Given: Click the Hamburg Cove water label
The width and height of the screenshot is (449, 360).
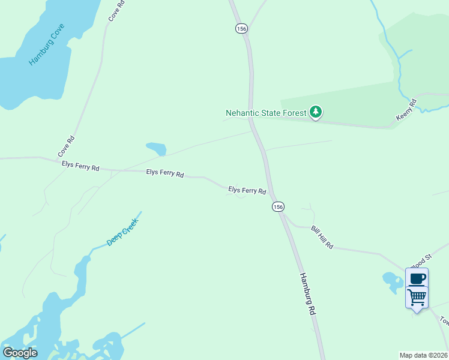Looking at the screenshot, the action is (x=46, y=45).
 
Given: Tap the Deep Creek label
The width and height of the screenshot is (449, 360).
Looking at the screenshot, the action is (x=122, y=232).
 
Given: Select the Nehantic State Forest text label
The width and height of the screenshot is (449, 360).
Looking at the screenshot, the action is (x=265, y=113).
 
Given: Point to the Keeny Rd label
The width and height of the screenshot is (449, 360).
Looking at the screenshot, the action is (x=406, y=109).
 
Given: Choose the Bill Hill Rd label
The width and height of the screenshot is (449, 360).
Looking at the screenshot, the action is (x=322, y=238).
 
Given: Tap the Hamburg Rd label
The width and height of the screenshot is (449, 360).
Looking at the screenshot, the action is (x=307, y=295).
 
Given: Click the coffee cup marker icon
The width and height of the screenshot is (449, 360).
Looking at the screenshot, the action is (x=417, y=278).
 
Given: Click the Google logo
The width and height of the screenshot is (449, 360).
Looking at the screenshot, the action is (x=20, y=353).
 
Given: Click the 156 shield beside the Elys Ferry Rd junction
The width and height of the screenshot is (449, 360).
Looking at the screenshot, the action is (x=277, y=206).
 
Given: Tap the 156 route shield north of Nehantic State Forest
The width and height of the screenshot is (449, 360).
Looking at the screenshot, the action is (x=241, y=28).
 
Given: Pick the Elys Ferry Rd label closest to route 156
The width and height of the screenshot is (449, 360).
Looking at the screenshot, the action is (x=247, y=190).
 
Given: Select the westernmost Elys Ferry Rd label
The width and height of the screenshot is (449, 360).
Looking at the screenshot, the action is (x=80, y=166).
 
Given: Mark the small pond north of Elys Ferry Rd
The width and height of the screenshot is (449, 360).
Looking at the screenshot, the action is (x=157, y=148).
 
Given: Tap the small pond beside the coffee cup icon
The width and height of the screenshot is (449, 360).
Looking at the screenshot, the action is (x=393, y=280).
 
